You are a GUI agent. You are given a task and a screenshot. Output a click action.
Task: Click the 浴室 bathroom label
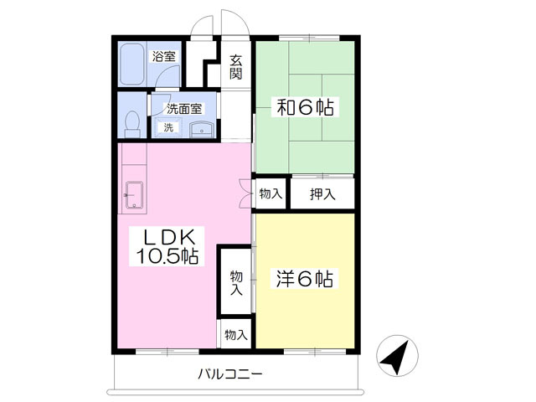pos(164,56)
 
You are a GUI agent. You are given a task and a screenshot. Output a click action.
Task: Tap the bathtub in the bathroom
pos(131,64)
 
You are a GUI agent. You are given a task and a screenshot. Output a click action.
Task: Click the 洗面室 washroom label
pos(184,109)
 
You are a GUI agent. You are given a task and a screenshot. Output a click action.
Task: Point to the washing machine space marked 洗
pos(167,127)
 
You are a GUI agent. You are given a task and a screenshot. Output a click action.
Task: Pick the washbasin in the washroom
pos(202,129)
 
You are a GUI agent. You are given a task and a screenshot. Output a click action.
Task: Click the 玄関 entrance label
pos(236,67)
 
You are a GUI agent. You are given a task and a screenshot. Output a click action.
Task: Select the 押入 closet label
pos(322,194)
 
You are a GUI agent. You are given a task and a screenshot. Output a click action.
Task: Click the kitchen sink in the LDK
pos(134,194)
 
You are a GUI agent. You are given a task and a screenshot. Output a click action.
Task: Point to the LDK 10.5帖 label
pos(167,246)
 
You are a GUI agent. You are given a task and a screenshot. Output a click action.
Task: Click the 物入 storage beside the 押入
pos(271,193)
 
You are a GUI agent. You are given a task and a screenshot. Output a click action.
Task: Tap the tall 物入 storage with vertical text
pos(236,281)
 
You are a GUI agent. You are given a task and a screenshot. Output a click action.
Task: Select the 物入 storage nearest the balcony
pos(236,335)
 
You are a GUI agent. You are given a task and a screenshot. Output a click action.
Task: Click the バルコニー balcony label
pos(230,374)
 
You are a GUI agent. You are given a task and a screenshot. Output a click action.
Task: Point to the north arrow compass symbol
pos(397,356)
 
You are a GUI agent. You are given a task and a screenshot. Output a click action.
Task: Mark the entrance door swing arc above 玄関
pos(235,22)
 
